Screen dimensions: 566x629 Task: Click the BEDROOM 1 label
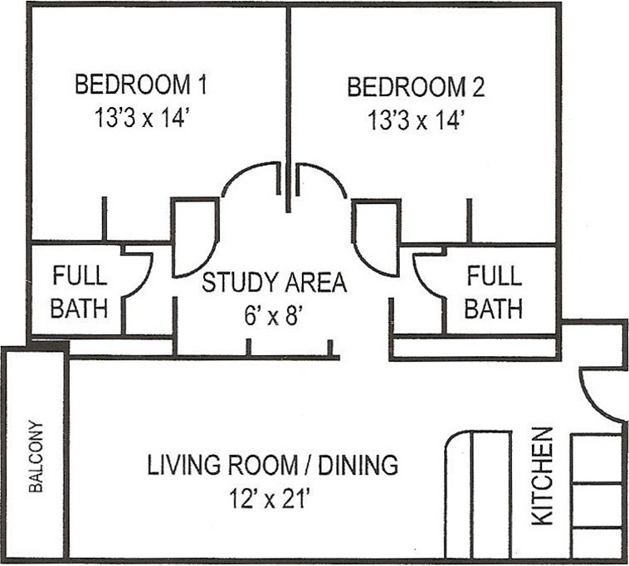point(140,85)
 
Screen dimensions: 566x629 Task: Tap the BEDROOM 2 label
point(415,86)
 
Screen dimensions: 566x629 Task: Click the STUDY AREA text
point(275,282)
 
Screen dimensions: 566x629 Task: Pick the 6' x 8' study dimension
point(275,315)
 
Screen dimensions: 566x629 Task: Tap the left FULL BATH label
point(80,291)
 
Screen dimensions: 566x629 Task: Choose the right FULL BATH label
point(493,291)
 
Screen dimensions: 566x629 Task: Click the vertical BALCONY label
point(36,456)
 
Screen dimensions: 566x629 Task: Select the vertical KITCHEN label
point(541,475)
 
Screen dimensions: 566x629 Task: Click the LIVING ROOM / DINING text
point(272,465)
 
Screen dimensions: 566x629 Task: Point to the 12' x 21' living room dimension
point(272,499)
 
